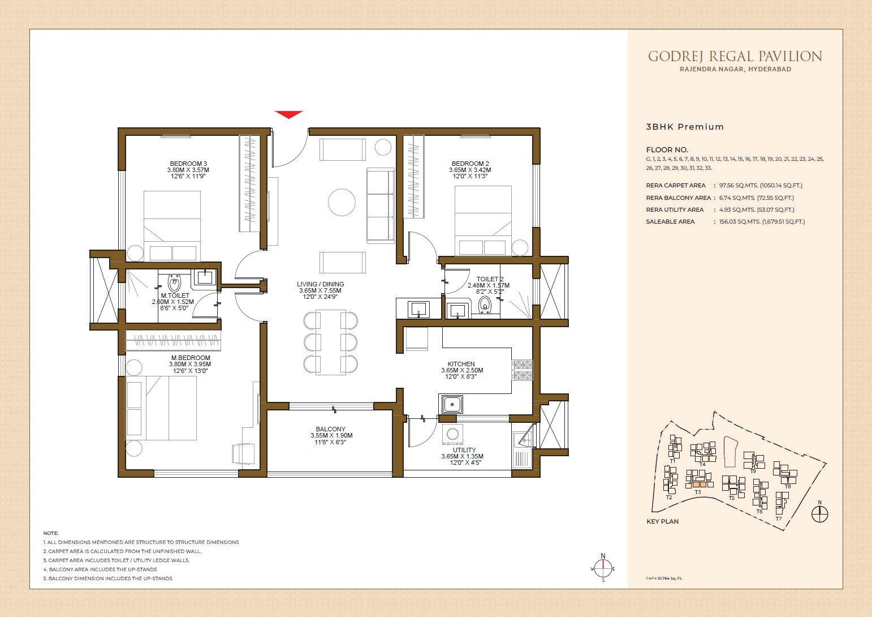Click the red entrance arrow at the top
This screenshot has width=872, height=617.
point(289,114)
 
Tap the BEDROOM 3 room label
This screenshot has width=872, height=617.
point(188,164)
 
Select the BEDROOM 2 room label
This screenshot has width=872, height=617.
point(470,164)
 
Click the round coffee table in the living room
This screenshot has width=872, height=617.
point(342,202)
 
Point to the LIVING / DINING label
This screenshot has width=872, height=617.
point(320,284)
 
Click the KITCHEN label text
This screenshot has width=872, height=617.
point(461,364)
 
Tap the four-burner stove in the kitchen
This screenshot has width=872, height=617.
point(522,370)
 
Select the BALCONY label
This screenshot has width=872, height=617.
point(331,429)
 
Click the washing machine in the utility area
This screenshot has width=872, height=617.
point(452,434)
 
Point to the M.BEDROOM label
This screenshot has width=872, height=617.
point(191,358)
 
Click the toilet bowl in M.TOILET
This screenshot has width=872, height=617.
point(174,282)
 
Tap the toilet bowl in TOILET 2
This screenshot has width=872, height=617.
point(485,306)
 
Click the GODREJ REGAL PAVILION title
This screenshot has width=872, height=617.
point(735,56)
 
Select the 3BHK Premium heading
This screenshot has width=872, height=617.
point(685,127)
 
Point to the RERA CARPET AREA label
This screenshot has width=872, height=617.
point(676,186)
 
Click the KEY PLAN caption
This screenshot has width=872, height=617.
point(662,521)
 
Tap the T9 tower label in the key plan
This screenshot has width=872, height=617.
point(753,471)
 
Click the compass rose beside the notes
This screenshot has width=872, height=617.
point(603,568)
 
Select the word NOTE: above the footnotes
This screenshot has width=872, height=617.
point(51,533)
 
